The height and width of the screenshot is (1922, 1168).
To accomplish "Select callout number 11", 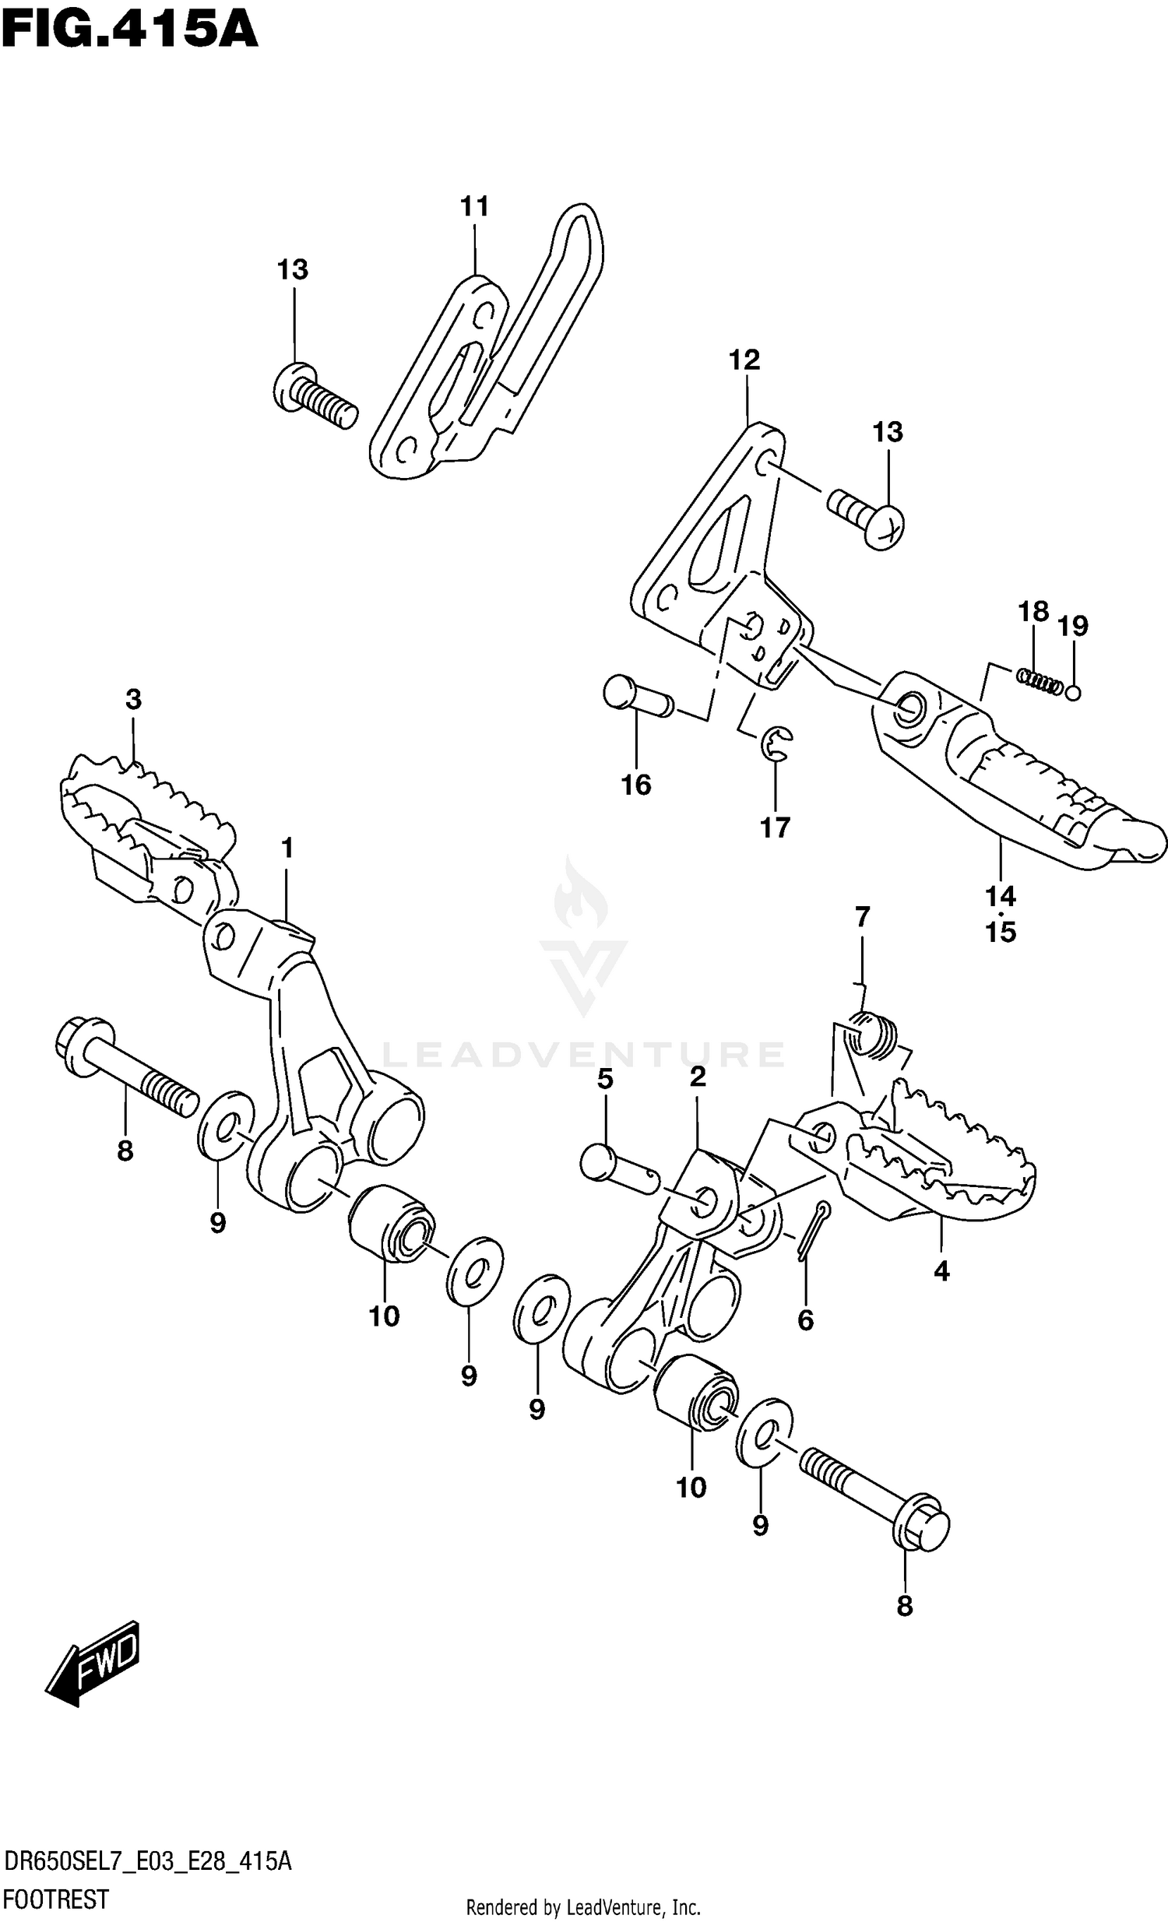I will pos(474,207).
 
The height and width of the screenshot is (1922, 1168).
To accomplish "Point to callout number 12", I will pos(744,360).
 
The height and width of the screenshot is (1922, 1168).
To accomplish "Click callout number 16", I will pos(636,785).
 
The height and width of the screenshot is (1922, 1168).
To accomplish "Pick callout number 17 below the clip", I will pos(776,827).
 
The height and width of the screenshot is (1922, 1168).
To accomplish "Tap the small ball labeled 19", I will pos(1074,692).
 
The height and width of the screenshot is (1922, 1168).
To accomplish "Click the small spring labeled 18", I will pos(1039,680).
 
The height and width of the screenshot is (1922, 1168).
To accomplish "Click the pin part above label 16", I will pos(638,695).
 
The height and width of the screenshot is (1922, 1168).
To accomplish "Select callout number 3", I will pos(133,700).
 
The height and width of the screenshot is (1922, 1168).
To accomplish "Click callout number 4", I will pos(941,1271).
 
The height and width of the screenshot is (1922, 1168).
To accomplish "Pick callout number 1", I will pos(287,848).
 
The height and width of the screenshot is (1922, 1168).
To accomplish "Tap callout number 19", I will pos(1073,626).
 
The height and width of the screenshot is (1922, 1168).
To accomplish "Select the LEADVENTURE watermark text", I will pos(582,1055).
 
